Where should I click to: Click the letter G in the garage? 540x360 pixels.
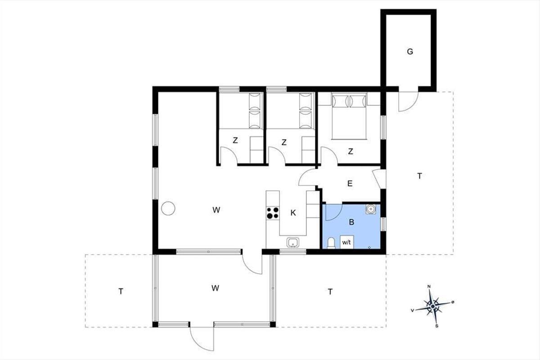[x=410, y=52]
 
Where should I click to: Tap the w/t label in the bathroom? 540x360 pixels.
[x=346, y=243]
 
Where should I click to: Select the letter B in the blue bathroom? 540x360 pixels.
[x=351, y=222]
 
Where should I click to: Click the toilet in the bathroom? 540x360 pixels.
[x=332, y=243]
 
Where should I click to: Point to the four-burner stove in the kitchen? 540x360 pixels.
[x=273, y=213]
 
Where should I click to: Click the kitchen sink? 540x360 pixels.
[x=293, y=243]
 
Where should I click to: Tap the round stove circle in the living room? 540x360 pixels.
[x=168, y=208]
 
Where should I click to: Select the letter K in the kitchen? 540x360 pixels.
[x=293, y=213]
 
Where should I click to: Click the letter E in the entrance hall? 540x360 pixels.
[x=350, y=184]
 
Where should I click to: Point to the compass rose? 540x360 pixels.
[x=433, y=306]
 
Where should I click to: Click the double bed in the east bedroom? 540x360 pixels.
[x=349, y=117]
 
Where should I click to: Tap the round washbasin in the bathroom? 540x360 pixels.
[x=370, y=209]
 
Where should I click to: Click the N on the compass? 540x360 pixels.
[x=429, y=287]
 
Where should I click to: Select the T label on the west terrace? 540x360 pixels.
[x=121, y=292]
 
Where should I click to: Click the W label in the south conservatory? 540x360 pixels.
[x=215, y=288]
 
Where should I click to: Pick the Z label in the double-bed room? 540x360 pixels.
[x=351, y=152]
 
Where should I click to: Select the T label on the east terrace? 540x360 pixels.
[x=420, y=176]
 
